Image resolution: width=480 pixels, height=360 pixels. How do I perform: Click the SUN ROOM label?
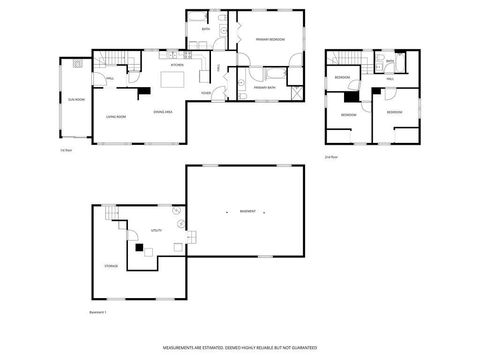(75, 100)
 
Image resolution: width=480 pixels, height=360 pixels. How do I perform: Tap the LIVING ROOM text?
(115, 117)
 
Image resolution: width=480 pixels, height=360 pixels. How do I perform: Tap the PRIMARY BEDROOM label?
(269, 39)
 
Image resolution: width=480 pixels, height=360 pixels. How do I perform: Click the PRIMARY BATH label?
(265, 88)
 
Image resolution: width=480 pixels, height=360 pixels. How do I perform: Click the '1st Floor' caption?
(66, 150)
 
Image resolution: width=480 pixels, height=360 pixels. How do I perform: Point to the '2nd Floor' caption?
(331, 156)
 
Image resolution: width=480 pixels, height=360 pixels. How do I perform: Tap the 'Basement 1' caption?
(97, 312)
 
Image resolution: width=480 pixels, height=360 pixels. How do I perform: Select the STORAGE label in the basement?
(111, 266)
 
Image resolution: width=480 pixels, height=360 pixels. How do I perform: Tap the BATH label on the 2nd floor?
(390, 62)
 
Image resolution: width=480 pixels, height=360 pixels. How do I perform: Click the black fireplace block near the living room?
(146, 90)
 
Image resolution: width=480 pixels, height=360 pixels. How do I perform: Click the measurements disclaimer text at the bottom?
(240, 347)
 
